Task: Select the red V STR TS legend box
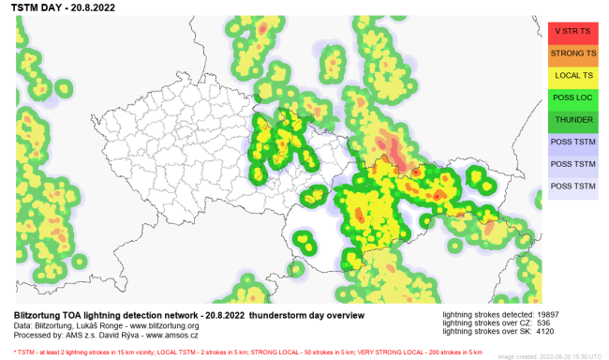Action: click(x=572, y=31)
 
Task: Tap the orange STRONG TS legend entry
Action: click(x=572, y=53)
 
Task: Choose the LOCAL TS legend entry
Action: click(x=572, y=76)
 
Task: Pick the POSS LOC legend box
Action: click(x=572, y=98)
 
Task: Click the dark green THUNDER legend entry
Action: click(x=572, y=120)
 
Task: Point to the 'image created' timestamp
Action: click(x=549, y=356)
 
